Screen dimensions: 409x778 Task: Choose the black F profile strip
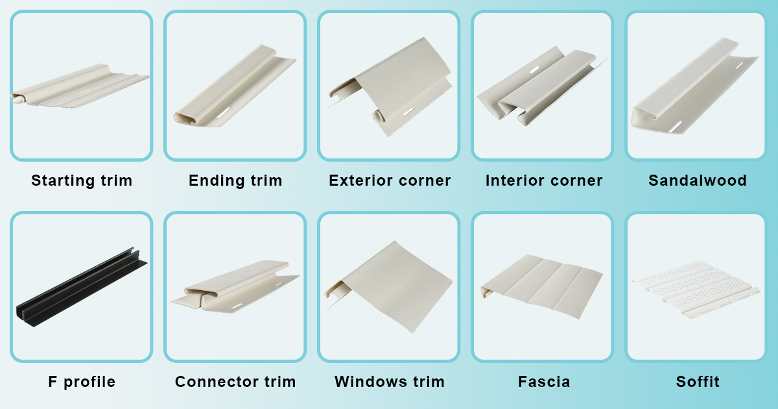81,286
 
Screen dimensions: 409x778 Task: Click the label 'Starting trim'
82,180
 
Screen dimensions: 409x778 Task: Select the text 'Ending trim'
235,180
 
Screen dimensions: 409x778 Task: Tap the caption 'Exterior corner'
390,180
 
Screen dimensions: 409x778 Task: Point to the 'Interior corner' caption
544,180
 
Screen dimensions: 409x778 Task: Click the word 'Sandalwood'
697,180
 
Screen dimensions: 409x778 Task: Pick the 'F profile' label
82,382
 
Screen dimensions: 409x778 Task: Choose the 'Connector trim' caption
235,382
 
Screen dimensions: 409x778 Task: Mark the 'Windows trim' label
390,382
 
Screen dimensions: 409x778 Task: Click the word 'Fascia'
544,382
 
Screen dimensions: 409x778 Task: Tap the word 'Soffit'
698,382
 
